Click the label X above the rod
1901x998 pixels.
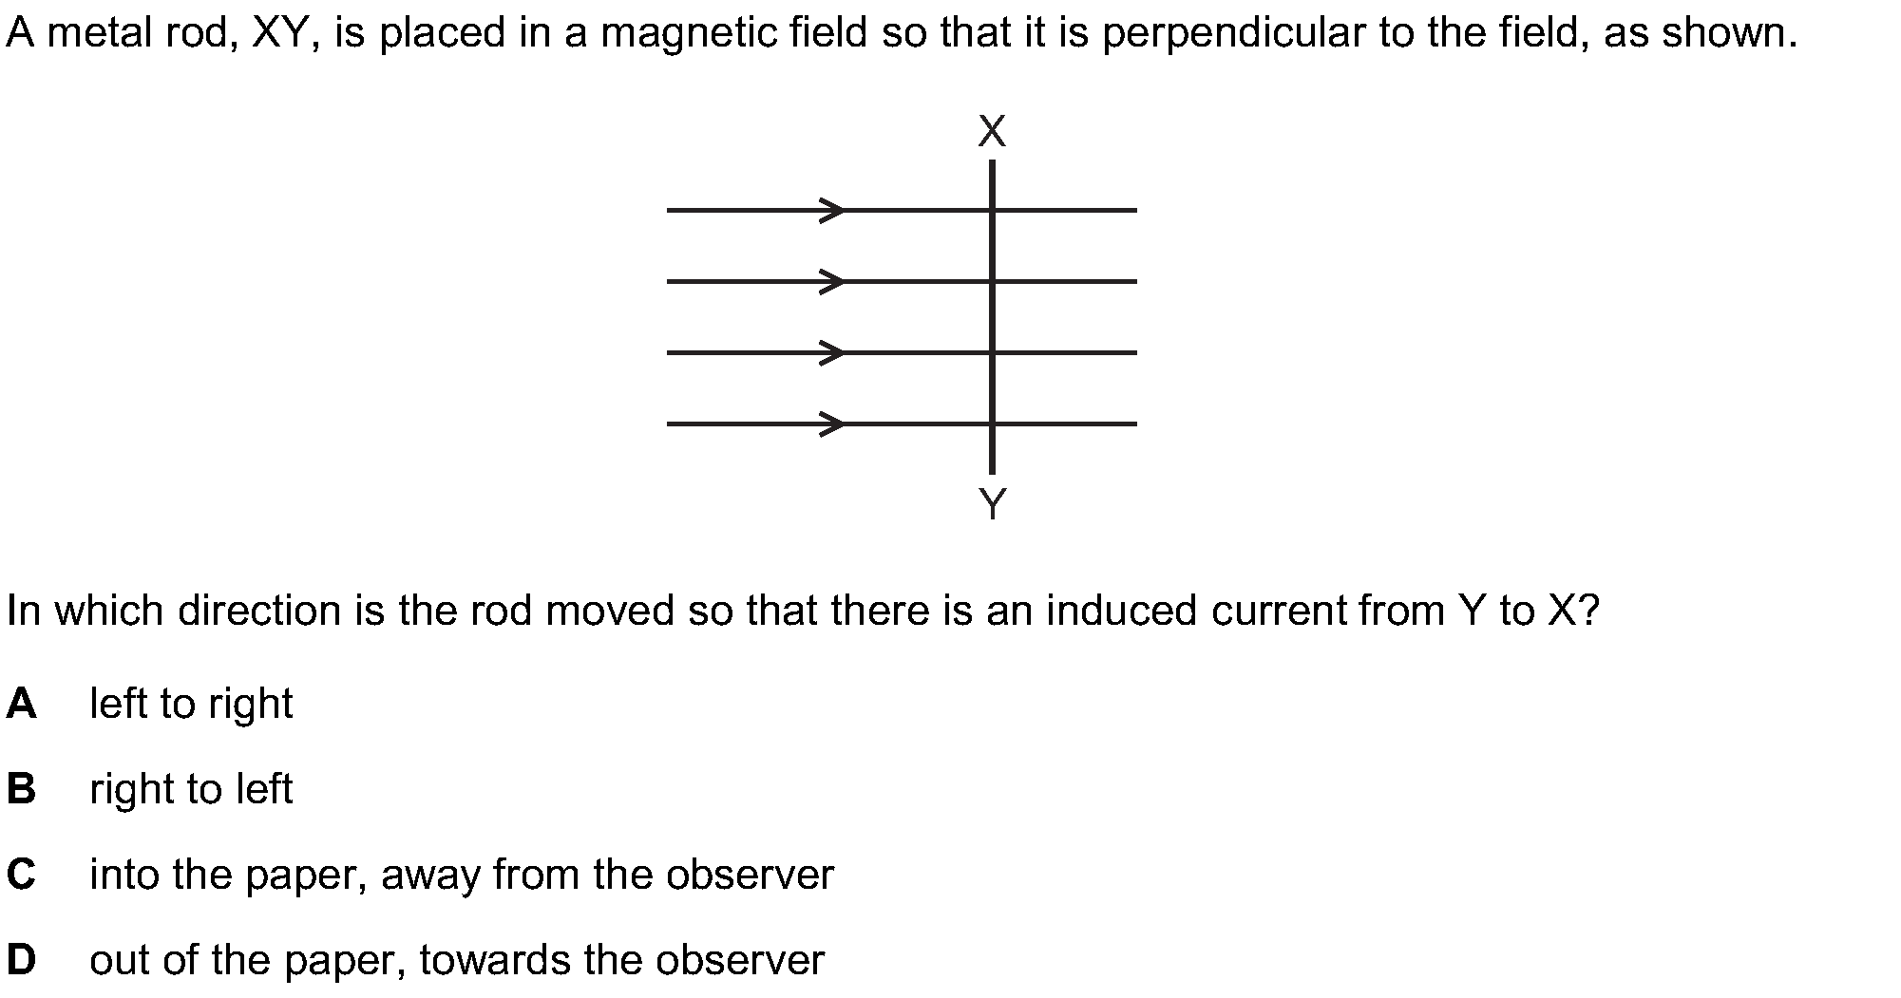(991, 132)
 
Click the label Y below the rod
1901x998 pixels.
(992, 503)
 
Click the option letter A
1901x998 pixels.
(21, 704)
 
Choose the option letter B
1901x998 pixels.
(21, 789)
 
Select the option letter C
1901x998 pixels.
(21, 875)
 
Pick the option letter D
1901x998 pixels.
(21, 960)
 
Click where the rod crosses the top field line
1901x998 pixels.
(992, 210)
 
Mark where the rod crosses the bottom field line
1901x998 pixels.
(992, 424)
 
